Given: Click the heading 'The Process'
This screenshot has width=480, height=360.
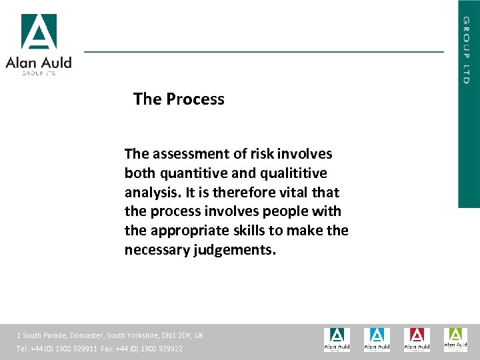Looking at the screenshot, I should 179,99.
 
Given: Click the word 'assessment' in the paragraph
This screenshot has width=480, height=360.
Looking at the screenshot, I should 189,154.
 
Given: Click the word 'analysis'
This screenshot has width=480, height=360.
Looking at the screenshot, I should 151,193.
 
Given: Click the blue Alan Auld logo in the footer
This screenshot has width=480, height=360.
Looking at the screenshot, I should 377,339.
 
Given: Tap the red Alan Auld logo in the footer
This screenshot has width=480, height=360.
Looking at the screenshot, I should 417,339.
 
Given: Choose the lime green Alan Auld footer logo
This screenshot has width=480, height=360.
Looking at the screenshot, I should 456,339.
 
